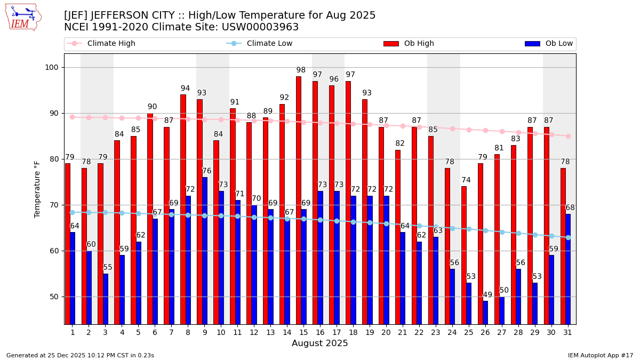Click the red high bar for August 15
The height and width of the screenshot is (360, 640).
[299, 200]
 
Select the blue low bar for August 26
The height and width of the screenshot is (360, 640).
[485, 313]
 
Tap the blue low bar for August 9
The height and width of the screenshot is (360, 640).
[204, 251]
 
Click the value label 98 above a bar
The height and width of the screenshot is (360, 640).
[301, 70]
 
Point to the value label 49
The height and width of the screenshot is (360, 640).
[487, 295]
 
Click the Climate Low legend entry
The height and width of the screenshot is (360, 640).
[259, 44]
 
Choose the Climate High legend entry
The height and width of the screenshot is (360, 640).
[101, 44]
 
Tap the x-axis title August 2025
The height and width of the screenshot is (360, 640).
[319, 343]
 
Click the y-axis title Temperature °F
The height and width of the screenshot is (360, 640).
[37, 189]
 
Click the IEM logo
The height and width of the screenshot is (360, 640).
[23, 17]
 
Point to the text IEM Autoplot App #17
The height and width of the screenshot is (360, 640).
[600, 355]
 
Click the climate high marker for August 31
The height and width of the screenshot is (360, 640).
[568, 136]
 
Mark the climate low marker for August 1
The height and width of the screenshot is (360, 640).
[72, 212]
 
